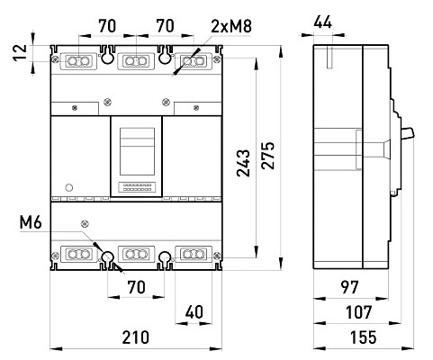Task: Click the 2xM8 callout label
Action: (x=230, y=26)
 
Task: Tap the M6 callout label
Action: (x=31, y=222)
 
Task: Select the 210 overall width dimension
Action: (x=135, y=337)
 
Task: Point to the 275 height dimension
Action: (x=267, y=156)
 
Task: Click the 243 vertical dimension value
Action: (x=243, y=163)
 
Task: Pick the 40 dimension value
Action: (x=194, y=312)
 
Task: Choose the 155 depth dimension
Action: (x=363, y=337)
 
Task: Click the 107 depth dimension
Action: (x=359, y=312)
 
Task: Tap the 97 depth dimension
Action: (x=350, y=287)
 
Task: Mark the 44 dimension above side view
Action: (x=323, y=22)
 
